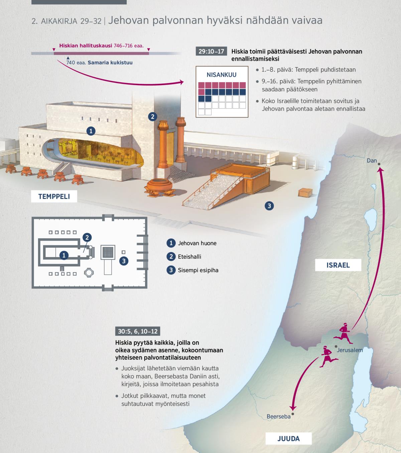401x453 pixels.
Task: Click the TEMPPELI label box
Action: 54,196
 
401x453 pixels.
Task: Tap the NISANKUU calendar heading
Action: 221,75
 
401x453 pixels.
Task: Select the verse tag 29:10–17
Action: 211,52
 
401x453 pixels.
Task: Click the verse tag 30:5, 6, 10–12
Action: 137,331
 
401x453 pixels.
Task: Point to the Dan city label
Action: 372,161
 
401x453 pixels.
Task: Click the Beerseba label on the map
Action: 278,416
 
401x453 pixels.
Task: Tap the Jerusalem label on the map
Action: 350,350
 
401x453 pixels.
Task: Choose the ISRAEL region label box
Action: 338,265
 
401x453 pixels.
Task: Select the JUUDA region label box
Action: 288,438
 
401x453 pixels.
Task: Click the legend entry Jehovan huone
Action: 197,243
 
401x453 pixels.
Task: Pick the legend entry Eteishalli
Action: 189,256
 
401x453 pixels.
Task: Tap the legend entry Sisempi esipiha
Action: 198,270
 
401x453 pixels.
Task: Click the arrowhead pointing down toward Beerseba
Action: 293,408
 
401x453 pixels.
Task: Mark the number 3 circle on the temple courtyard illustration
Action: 269,206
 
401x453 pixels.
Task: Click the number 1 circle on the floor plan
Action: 63,256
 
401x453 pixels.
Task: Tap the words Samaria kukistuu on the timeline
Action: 110,62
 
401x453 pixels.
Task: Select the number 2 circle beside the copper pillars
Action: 152,117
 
